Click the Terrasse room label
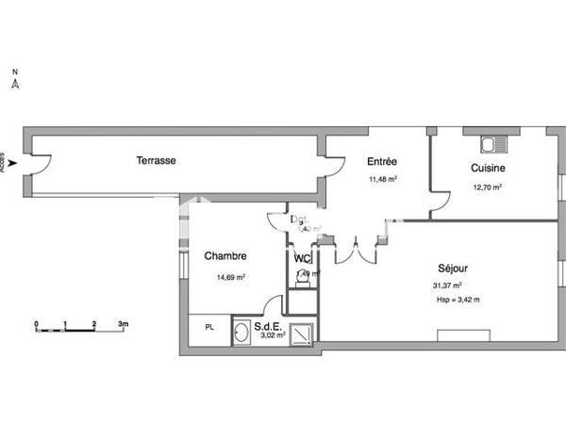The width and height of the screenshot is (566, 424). pyautogui.click(x=156, y=160)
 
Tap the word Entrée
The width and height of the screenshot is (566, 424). pyautogui.click(x=382, y=161)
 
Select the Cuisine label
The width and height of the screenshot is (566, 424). pyautogui.click(x=488, y=168)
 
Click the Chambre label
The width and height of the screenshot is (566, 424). pyautogui.click(x=225, y=256)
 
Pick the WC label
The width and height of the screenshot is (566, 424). pyautogui.click(x=302, y=258)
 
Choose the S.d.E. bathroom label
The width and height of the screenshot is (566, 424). pyautogui.click(x=268, y=326)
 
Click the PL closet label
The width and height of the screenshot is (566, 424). pyautogui.click(x=209, y=327)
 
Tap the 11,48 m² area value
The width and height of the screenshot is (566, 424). pyautogui.click(x=382, y=179)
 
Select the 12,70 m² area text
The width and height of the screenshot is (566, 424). pyautogui.click(x=487, y=187)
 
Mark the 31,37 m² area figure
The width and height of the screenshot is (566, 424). pyautogui.click(x=446, y=285)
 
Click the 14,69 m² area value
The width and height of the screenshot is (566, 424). pyautogui.click(x=231, y=277)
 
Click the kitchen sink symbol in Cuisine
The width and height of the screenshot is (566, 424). pyautogui.click(x=493, y=145)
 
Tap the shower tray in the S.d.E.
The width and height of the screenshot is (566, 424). pyautogui.click(x=303, y=333)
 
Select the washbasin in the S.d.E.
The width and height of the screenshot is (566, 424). pyautogui.click(x=241, y=332)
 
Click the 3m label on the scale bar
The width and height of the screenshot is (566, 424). pyautogui.click(x=123, y=323)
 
